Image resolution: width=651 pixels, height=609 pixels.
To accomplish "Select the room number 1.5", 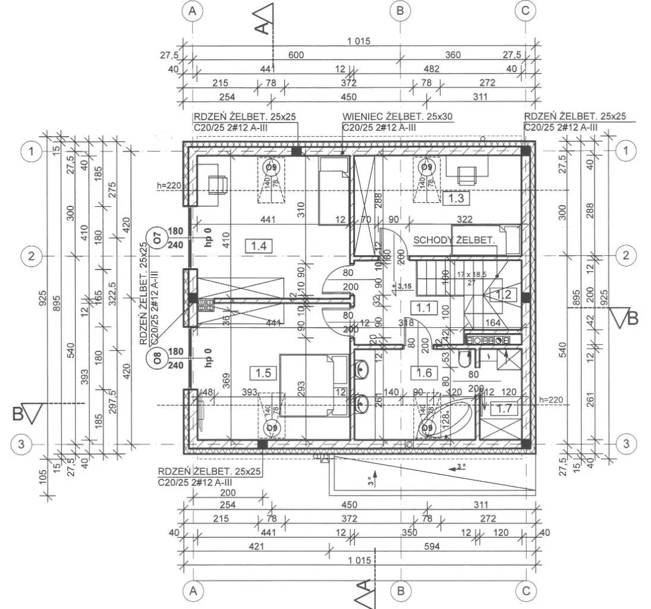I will (263, 373).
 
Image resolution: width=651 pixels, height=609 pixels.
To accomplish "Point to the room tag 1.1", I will (424, 307).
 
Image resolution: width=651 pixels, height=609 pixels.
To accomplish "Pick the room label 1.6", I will (424, 373).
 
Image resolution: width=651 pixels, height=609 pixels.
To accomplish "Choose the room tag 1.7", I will (505, 409).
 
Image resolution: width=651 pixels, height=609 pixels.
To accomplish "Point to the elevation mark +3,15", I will (402, 287).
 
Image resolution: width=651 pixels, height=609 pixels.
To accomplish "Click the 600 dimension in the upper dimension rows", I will (296, 55).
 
